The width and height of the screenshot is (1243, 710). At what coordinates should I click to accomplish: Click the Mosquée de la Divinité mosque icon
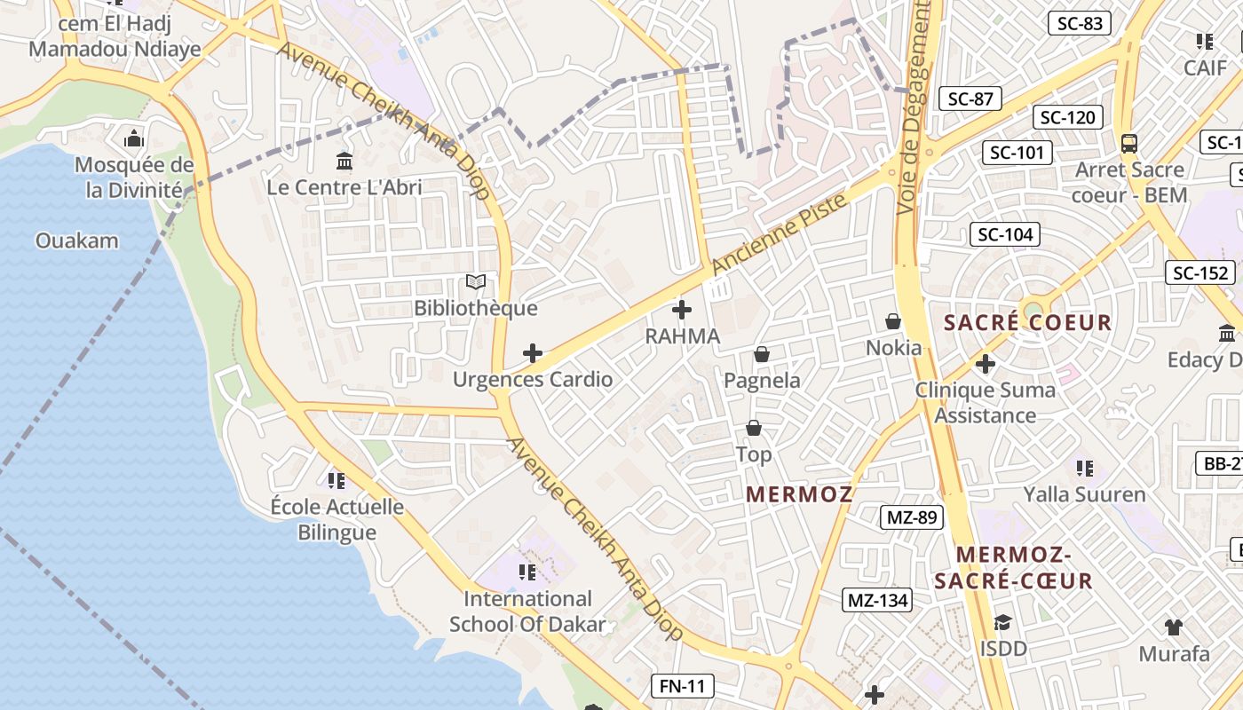tap(134, 138)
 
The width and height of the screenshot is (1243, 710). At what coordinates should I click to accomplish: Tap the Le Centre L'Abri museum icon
tap(344, 162)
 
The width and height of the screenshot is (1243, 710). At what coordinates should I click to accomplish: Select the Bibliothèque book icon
tap(476, 282)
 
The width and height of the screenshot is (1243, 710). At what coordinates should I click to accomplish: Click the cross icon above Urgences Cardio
tap(533, 353)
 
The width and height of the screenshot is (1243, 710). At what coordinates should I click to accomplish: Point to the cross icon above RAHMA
tap(682, 310)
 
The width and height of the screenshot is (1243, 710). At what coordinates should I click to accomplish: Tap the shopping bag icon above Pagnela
tap(761, 354)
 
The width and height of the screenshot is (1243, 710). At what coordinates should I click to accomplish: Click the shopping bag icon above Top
tap(754, 429)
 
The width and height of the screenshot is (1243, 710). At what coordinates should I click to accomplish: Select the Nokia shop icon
tap(893, 321)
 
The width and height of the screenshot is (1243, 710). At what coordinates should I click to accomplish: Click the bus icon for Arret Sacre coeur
tap(1129, 143)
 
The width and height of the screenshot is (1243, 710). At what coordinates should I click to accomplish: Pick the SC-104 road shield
tap(1005, 234)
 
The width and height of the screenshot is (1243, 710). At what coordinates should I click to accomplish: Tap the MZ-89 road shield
tap(911, 517)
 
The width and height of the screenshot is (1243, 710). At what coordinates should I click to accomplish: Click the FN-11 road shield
tap(682, 685)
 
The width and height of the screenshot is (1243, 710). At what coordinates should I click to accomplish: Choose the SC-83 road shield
tap(1080, 24)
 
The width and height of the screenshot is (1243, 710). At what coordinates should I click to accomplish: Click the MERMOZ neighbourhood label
tap(799, 494)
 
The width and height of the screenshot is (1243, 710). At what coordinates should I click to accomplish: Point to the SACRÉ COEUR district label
tap(1027, 322)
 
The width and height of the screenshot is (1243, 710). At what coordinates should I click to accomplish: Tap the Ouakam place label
tap(76, 241)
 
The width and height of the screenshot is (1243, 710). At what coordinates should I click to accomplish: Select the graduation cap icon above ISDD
tap(1003, 623)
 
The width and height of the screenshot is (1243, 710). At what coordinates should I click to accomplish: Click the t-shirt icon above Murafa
tap(1174, 627)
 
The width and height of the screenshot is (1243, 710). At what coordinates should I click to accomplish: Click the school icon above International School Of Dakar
tap(527, 572)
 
